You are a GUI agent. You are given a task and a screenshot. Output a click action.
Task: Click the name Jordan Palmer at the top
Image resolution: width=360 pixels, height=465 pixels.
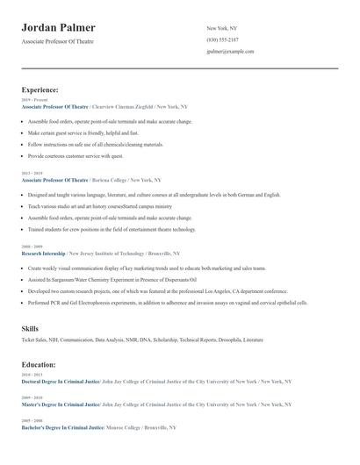pyautogui.click(x=59, y=28)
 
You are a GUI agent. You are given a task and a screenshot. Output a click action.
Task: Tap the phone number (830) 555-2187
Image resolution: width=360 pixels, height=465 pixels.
pyautogui.click(x=222, y=39)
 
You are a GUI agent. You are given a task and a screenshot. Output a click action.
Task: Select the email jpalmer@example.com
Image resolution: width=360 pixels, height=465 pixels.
pyautogui.click(x=230, y=51)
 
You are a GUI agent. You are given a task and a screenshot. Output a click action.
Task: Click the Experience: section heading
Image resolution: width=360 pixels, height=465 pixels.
pyautogui.click(x=40, y=89)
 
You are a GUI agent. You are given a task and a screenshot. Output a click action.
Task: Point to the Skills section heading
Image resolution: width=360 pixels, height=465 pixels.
pyautogui.click(x=30, y=328)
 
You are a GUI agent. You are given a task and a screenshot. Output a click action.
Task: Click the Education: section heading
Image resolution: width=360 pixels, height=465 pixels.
pyautogui.click(x=39, y=364)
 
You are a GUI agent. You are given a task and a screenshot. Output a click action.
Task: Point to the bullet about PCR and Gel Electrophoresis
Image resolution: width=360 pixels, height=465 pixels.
pyautogui.click(x=167, y=302)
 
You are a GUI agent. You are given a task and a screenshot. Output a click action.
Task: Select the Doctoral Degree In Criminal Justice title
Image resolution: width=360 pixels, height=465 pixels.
pyautogui.click(x=60, y=382)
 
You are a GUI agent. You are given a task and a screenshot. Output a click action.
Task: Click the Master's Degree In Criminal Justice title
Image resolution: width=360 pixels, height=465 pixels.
pyautogui.click(x=60, y=404)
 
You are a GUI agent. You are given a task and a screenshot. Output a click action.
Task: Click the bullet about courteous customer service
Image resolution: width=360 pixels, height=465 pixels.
pyautogui.click(x=76, y=155)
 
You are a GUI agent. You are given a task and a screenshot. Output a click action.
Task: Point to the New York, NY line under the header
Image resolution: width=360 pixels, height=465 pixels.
pyautogui.click(x=222, y=28)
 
